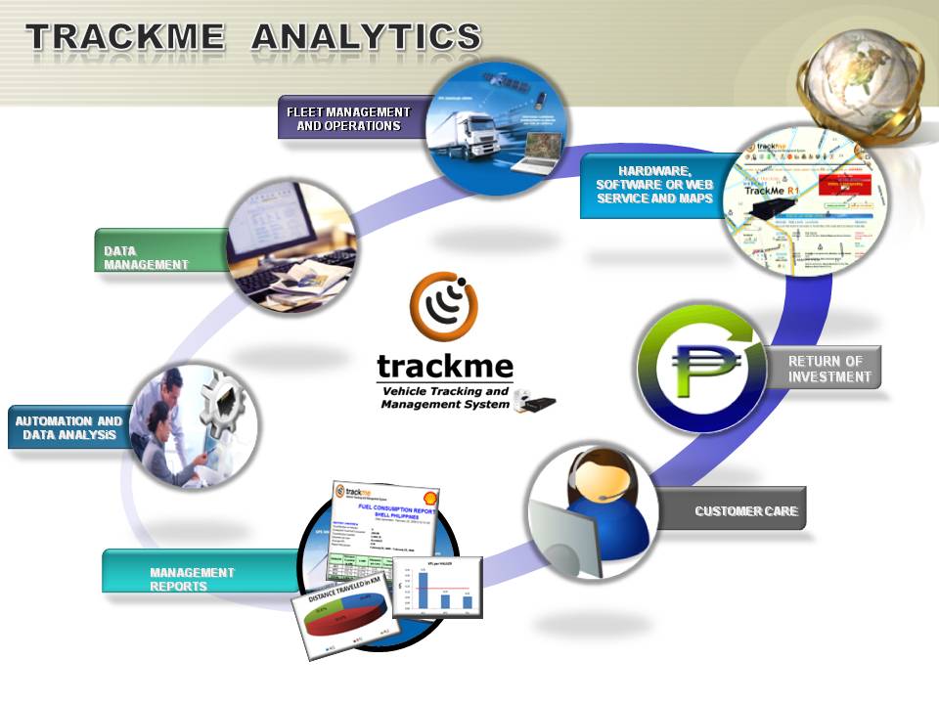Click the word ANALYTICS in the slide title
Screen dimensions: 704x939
coord(366,37)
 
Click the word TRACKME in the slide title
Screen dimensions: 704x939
coord(123,37)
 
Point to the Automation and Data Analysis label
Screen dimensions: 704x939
coord(68,428)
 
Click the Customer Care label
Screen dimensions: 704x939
coord(745,510)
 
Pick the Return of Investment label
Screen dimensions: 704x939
coord(829,369)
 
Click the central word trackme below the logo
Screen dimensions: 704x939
coord(445,368)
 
